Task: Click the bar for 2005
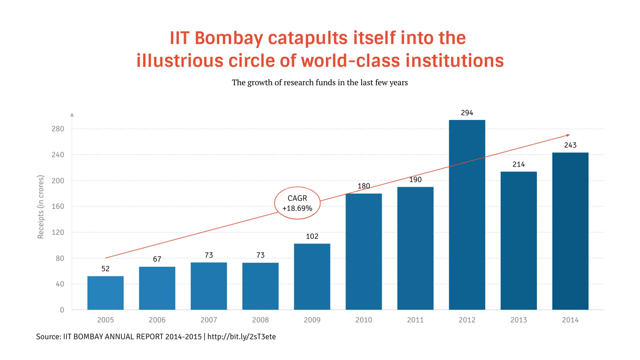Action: pyautogui.click(x=105, y=293)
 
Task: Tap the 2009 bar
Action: pyautogui.click(x=312, y=277)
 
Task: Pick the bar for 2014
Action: pyautogui.click(x=570, y=231)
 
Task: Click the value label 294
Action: pyautogui.click(x=467, y=113)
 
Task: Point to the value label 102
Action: pyautogui.click(x=312, y=236)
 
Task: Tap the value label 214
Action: pyautogui.click(x=518, y=164)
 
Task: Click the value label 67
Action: pyautogui.click(x=157, y=259)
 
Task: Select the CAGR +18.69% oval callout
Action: pyautogui.click(x=297, y=203)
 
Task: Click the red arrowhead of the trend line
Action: pyautogui.click(x=568, y=135)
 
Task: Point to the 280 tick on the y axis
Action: pyautogui.click(x=58, y=129)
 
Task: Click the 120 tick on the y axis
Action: pyautogui.click(x=58, y=232)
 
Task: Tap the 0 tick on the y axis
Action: pyautogui.click(x=62, y=310)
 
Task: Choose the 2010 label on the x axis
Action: pyautogui.click(x=364, y=320)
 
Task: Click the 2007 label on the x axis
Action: pyautogui.click(x=209, y=320)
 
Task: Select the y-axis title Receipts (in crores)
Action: pyautogui.click(x=41, y=207)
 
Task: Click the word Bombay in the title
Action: pyautogui.click(x=229, y=38)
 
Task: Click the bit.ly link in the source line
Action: pyautogui.click(x=242, y=337)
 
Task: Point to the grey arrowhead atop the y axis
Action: pyautogui.click(x=72, y=115)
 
